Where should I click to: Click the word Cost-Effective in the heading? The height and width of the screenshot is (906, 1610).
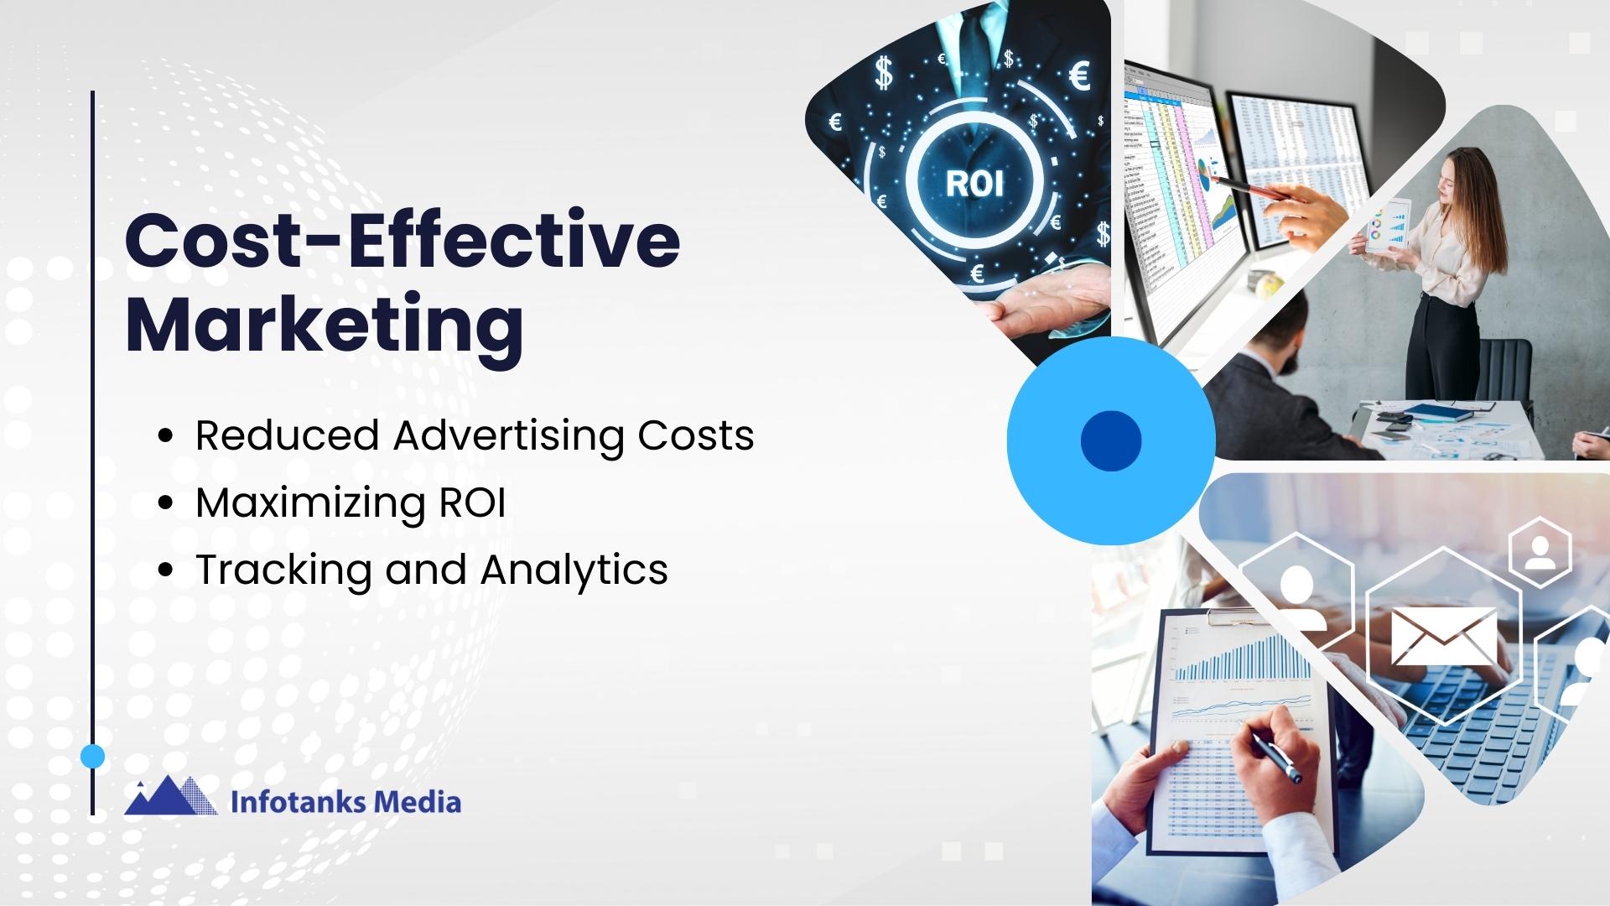tap(402, 242)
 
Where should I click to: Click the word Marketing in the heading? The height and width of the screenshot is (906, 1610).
tap(325, 327)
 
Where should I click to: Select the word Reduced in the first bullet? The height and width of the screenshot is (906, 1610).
tap(287, 435)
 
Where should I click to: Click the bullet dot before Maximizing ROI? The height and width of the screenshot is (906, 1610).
tap(165, 502)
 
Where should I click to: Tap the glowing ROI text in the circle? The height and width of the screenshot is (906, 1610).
tap(974, 183)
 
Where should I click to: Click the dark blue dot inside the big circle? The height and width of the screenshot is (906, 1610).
tap(1111, 440)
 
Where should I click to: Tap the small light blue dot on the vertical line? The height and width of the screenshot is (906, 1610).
tap(92, 757)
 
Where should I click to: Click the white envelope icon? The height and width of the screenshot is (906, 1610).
tap(1443, 636)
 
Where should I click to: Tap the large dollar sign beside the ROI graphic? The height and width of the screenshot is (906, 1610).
tap(883, 72)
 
